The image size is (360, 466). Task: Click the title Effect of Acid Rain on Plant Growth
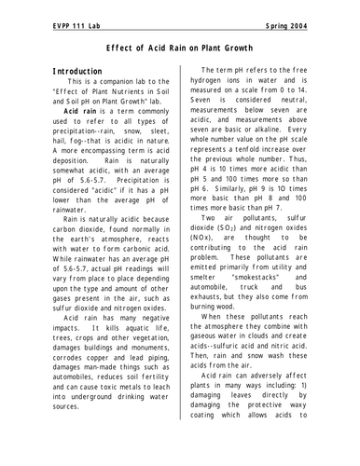[x=180, y=46]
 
